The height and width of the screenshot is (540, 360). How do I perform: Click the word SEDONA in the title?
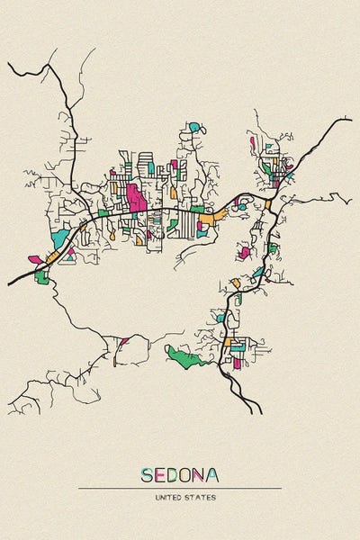click(179, 474)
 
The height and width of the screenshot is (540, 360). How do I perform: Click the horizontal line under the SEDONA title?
click(179, 488)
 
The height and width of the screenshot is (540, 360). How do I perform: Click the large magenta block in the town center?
click(137, 198)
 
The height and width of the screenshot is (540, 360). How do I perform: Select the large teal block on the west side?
click(59, 238)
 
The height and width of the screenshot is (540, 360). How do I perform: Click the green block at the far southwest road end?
click(41, 278)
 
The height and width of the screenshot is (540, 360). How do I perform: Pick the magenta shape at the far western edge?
click(35, 260)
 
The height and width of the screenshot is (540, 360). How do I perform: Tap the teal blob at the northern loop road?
click(194, 127)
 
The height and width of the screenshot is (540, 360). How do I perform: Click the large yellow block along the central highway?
click(206, 218)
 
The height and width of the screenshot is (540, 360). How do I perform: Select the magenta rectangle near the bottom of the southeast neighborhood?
click(238, 363)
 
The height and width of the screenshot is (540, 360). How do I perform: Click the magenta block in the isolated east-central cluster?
click(244, 253)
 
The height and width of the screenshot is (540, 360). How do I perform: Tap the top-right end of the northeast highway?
click(350, 118)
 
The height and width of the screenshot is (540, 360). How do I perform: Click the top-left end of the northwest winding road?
click(9, 64)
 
